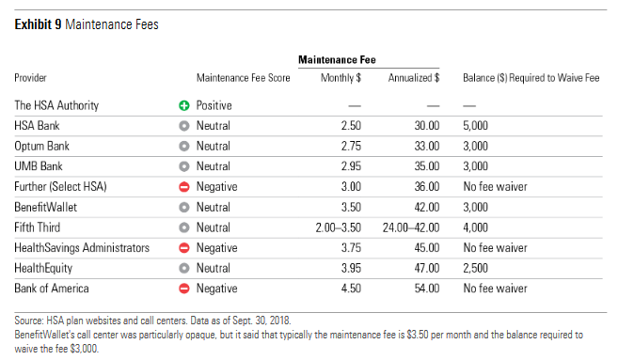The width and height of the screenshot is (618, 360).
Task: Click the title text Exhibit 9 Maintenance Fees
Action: tap(87, 25)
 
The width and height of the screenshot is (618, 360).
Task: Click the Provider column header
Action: tap(31, 78)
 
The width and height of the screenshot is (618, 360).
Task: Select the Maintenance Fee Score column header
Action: tap(243, 78)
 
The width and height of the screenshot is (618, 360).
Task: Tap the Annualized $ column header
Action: tap(414, 78)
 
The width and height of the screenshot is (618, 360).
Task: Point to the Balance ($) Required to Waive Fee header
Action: tap(531, 78)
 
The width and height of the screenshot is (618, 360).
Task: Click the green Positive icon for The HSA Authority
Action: tap(184, 106)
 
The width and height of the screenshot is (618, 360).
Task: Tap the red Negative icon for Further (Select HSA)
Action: tap(184, 187)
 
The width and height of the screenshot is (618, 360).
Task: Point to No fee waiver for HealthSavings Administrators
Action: tap(495, 248)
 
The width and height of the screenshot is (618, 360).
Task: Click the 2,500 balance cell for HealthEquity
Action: tap(476, 268)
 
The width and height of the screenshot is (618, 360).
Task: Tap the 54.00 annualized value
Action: tap(427, 288)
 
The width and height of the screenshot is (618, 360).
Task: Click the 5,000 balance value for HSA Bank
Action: tap(476, 125)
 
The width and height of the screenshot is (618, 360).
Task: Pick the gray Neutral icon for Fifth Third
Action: tap(184, 227)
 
